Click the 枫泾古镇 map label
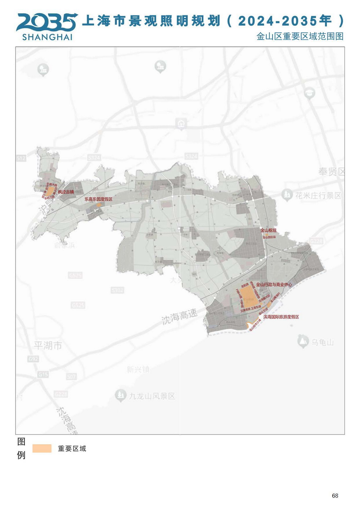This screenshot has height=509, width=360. (x=66, y=192)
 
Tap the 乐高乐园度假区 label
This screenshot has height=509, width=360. (x=98, y=199)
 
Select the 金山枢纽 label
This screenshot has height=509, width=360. (x=269, y=230)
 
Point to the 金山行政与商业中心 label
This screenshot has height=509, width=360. (x=274, y=284)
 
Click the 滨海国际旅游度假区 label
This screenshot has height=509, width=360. (x=281, y=317)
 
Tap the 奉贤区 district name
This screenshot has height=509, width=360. (x=331, y=172)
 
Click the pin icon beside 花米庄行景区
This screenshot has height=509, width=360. (x=287, y=195)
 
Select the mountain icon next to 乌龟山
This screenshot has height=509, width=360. (x=303, y=341)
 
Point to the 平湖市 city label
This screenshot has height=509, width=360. (x=48, y=346)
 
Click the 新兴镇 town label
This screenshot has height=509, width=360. (x=138, y=369)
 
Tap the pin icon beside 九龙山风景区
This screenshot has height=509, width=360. (x=120, y=395)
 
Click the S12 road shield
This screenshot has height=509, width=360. (x=21, y=158)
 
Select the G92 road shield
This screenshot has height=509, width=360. (x=33, y=359)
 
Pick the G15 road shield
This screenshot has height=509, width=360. (x=43, y=375)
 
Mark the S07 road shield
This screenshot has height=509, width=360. (x=71, y=377)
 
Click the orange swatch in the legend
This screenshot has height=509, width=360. (x=42, y=448)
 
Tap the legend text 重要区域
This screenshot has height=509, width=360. (x=72, y=449)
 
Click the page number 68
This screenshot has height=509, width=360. (x=335, y=496)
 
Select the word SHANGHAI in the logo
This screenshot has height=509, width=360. (x=47, y=37)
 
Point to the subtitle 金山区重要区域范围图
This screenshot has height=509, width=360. (x=300, y=36)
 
